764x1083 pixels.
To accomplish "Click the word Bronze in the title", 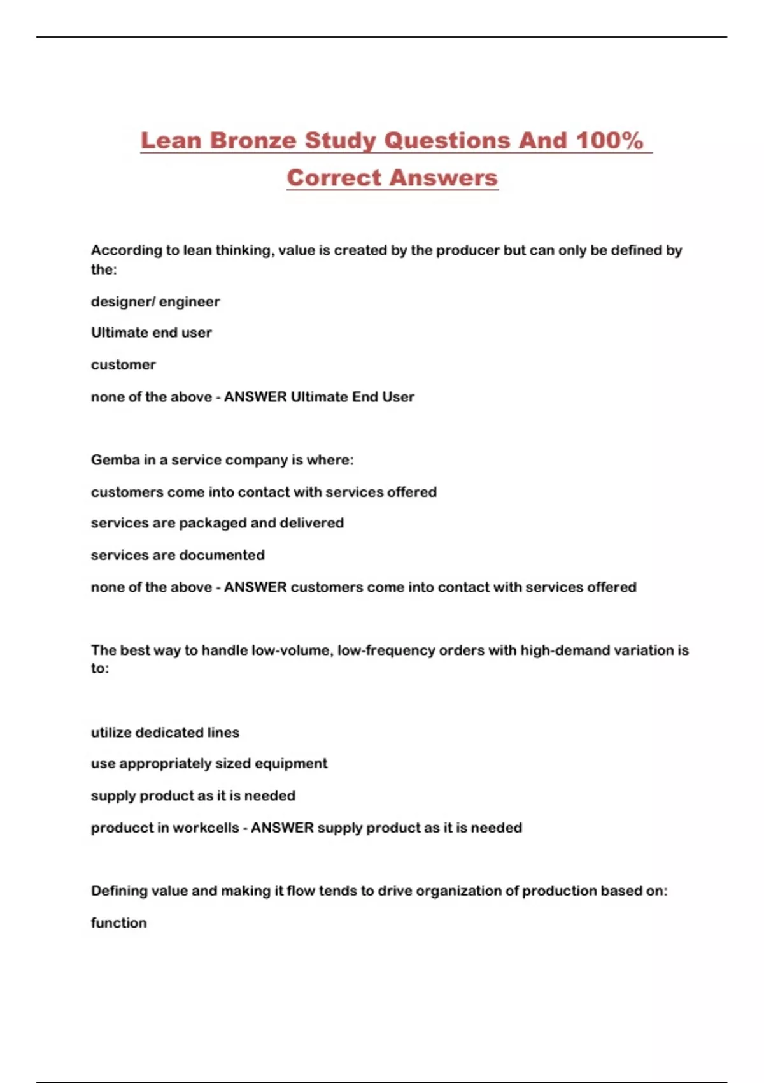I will pos(253,140).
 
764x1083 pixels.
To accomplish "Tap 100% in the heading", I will pos(609,140).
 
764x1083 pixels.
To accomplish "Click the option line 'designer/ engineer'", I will pos(155,301).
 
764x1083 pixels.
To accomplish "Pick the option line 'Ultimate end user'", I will pos(152,333).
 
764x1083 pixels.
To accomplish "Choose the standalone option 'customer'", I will pos(124,365).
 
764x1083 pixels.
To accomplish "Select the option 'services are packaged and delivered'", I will pos(217,523).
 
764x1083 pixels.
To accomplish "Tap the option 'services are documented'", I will pos(178,555).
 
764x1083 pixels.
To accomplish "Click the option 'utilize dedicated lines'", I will pos(165,733).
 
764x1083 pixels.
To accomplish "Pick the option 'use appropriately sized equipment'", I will pos(209,764).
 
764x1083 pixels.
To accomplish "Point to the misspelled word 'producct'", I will pos(120,828).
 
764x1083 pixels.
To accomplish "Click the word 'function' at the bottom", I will pos(118,923).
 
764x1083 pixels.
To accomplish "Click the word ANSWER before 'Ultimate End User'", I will pos(255,397).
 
